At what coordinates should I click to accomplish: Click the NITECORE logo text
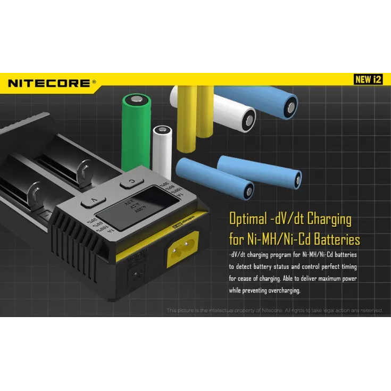click(x=49, y=82)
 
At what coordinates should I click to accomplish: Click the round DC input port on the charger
click(x=137, y=276)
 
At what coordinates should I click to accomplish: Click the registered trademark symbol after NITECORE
click(x=94, y=81)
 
